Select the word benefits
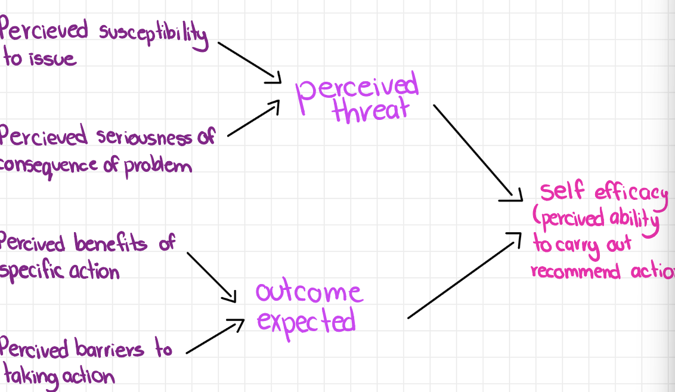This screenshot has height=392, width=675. coord(111,243)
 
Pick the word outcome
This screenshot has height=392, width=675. coord(308,292)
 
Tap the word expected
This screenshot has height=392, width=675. coord(306,322)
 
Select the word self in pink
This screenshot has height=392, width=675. coord(563,192)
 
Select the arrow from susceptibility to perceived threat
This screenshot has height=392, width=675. coord(249,61)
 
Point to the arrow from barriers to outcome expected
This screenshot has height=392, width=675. coord(215,338)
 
